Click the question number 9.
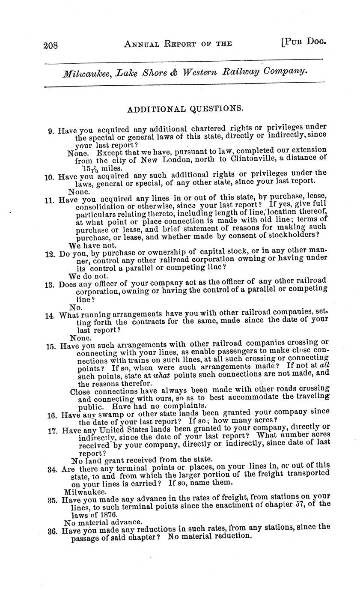[51, 130]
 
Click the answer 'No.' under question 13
[76, 307]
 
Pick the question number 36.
[53, 531]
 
